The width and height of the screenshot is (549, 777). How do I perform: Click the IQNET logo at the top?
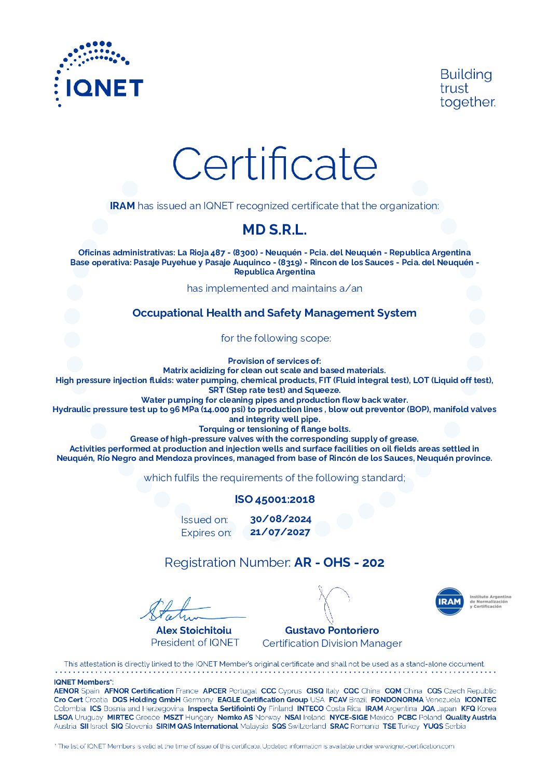coord(99,75)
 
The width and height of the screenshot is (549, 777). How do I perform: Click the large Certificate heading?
coord(274,164)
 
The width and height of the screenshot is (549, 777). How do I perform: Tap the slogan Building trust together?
coord(467,88)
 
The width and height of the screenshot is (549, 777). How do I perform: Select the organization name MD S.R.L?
coord(274,229)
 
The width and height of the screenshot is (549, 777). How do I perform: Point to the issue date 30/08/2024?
coord(281,519)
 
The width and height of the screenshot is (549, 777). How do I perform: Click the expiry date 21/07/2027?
coord(280,532)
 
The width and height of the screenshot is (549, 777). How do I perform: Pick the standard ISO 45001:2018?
coord(274,499)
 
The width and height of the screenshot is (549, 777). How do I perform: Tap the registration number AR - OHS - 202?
coord(339,563)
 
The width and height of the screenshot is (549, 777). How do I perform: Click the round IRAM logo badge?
coord(449,602)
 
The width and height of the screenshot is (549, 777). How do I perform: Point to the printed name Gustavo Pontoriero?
coord(332,630)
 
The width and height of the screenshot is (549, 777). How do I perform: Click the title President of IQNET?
coord(195,643)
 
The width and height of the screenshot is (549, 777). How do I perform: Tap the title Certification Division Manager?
coord(332,644)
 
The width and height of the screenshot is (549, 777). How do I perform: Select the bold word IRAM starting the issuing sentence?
coord(122,206)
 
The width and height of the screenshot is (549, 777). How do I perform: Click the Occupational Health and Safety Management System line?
coord(274,313)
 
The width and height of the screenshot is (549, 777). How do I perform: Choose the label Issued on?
coord(204,520)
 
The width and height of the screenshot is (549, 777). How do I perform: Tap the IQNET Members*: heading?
coord(84,682)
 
